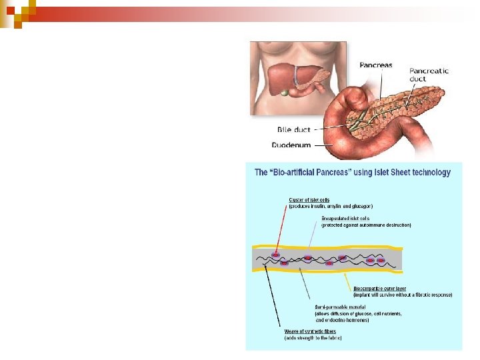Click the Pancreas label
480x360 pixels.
tap(376, 65)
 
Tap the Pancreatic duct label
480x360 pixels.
tap(429, 75)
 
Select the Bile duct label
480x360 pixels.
tap(294, 129)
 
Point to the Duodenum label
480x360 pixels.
tap(291, 144)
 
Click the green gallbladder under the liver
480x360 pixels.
tap(285, 91)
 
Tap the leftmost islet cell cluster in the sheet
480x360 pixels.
tap(275, 254)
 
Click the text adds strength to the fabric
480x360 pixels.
tap(313, 338)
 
